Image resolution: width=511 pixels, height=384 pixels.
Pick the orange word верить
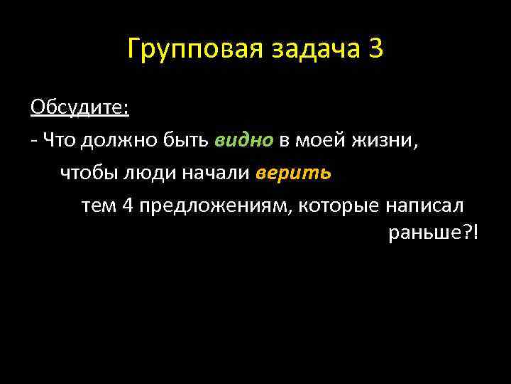pyautogui.click(x=294, y=173)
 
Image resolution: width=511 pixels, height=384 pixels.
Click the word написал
pyautogui.click(x=424, y=206)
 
